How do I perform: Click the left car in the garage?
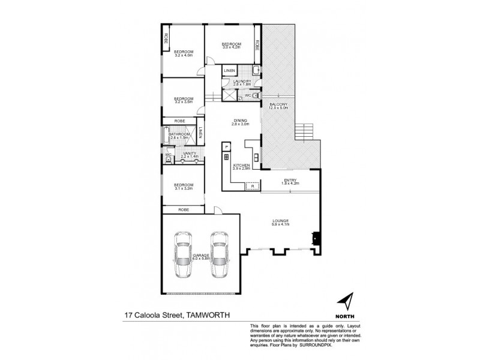(x=184, y=256)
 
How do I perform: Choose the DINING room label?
(x=241, y=121)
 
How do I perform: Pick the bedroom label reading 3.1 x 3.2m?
(x=183, y=187)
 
